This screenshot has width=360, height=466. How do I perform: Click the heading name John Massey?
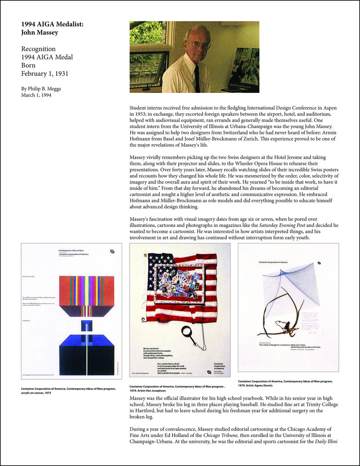pyautogui.click(x=40, y=32)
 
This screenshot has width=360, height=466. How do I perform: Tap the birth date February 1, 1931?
pyautogui.click(x=45, y=74)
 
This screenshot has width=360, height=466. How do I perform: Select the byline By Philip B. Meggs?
pyautogui.click(x=41, y=88)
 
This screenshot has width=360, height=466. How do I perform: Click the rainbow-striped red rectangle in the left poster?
pyautogui.click(x=87, y=291)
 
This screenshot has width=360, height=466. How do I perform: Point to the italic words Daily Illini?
pyautogui.click(x=326, y=442)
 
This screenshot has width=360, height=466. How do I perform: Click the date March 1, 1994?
pyautogui.click(x=36, y=95)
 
